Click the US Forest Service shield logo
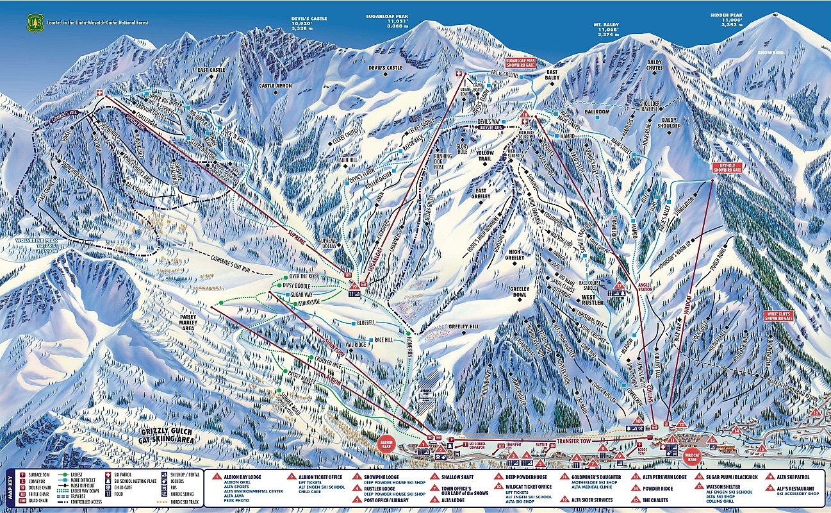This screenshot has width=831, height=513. pos(34,22)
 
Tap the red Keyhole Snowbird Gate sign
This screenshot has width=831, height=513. pos(727,167)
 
